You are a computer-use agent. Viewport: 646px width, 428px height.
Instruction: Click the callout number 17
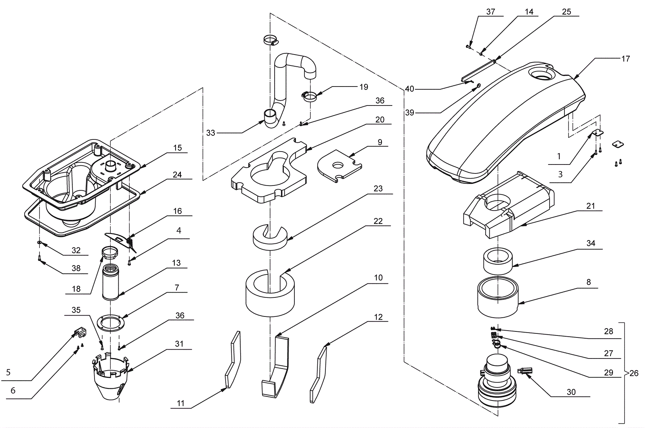click(x=625, y=59)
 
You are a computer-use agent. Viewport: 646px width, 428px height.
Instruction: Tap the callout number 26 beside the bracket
click(x=634, y=373)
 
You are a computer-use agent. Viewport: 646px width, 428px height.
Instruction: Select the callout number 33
click(x=210, y=133)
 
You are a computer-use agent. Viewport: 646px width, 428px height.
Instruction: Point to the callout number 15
click(x=177, y=148)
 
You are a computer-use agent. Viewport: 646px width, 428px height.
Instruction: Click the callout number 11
click(x=180, y=403)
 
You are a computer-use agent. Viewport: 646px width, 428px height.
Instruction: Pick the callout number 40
click(x=409, y=89)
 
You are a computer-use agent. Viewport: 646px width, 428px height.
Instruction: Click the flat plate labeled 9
click(x=340, y=166)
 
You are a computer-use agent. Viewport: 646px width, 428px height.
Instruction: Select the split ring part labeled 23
click(x=270, y=237)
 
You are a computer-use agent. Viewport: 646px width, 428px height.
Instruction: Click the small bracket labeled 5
click(x=81, y=333)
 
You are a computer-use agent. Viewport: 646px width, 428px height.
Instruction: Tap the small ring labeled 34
click(x=498, y=261)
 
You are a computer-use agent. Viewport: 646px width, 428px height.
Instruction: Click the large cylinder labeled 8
click(x=498, y=297)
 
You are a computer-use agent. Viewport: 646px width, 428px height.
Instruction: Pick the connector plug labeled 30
click(x=526, y=371)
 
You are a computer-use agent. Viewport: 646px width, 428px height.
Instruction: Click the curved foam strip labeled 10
click(x=275, y=367)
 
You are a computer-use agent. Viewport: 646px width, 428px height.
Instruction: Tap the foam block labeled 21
click(x=508, y=205)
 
